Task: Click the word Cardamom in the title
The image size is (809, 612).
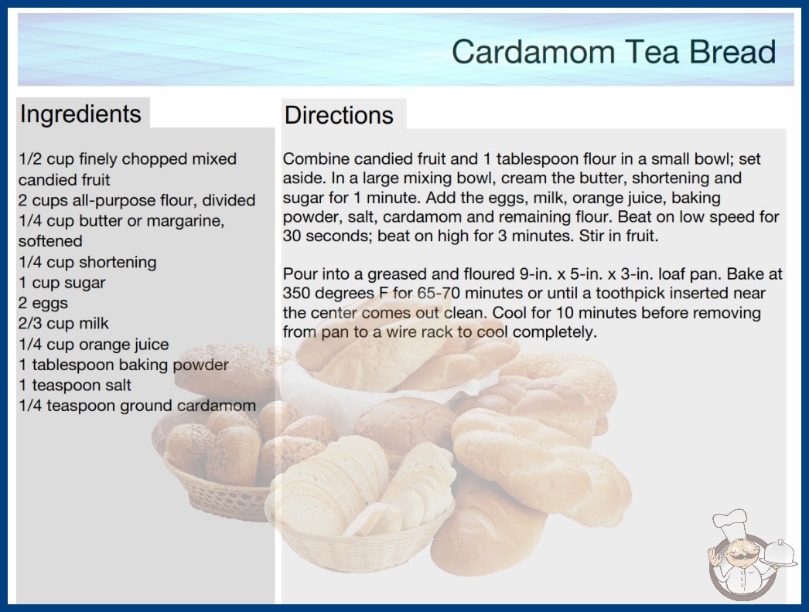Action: click(534, 52)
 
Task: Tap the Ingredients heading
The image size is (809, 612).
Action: click(80, 114)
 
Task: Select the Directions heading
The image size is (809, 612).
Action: click(339, 115)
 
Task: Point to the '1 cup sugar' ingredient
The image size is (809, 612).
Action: click(62, 283)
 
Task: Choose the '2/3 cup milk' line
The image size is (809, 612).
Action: click(64, 323)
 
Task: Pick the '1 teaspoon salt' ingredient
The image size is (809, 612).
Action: click(75, 385)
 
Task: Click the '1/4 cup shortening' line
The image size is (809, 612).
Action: click(87, 262)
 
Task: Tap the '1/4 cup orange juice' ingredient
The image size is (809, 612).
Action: click(94, 344)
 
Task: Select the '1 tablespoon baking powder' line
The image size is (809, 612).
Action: click(123, 365)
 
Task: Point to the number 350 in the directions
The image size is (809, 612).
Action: click(296, 294)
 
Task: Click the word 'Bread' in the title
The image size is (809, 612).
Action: click(732, 52)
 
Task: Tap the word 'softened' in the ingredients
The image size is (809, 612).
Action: click(50, 241)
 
